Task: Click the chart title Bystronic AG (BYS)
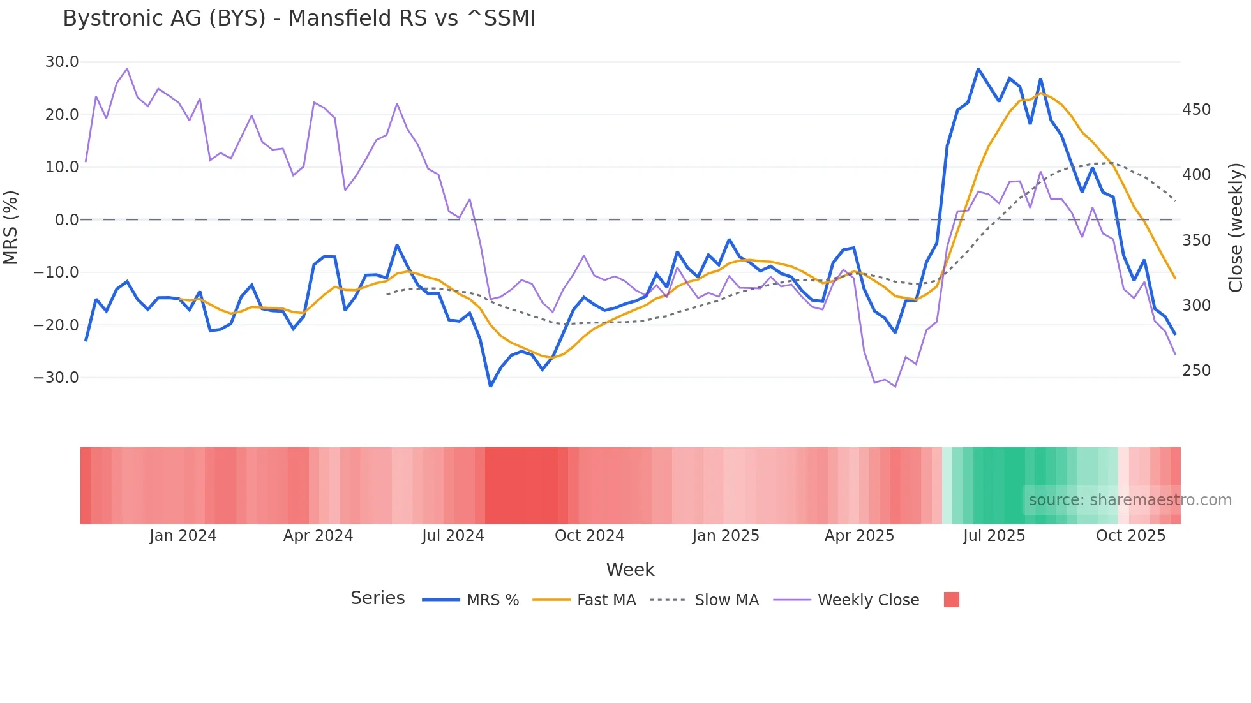299,18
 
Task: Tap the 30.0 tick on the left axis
62,62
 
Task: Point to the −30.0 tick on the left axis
56,377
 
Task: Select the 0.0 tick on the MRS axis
67,220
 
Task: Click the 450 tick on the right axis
1196,110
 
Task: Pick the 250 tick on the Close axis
1196,371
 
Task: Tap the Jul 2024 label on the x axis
453,536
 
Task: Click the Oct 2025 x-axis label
1130,536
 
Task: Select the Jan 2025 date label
726,536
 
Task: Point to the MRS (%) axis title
11,228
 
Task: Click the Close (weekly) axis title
1236,228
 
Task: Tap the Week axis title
630,570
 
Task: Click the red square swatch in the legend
951,600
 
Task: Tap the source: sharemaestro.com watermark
1130,500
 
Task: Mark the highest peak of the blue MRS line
978,69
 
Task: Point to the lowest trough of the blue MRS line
490,386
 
